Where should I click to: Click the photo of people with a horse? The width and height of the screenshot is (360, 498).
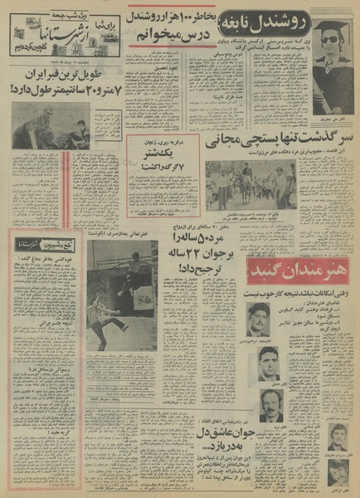249,184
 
